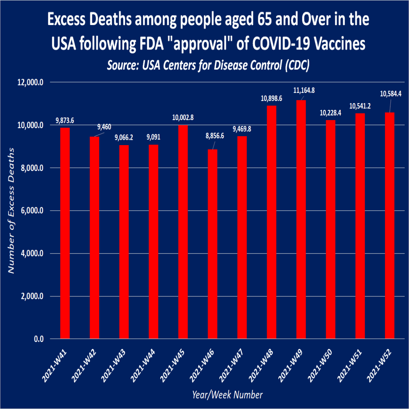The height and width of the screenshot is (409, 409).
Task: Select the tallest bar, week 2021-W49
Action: (300, 219)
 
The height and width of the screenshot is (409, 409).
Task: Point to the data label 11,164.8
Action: (304, 91)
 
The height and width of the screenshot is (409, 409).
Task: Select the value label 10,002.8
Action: (183, 118)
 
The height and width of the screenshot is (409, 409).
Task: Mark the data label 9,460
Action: (106, 127)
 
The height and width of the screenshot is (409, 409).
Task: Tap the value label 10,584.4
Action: (391, 94)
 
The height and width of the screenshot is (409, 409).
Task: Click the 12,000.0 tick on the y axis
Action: (31, 83)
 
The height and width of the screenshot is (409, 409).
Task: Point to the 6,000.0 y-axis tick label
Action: (33, 211)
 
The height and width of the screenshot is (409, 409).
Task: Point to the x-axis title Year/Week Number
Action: (227, 395)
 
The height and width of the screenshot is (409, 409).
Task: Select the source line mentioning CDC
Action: (209, 65)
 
